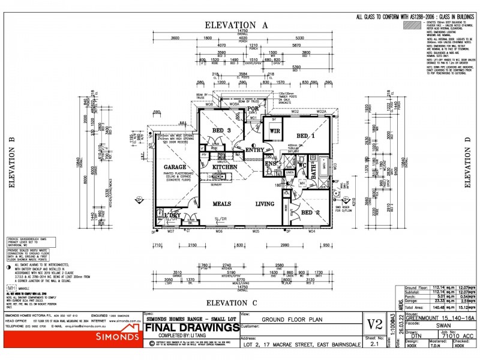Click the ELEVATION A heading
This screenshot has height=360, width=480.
[236, 25]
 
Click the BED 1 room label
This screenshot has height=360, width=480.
[307, 136]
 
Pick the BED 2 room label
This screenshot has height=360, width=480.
[311, 212]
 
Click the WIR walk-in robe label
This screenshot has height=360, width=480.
[275, 130]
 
